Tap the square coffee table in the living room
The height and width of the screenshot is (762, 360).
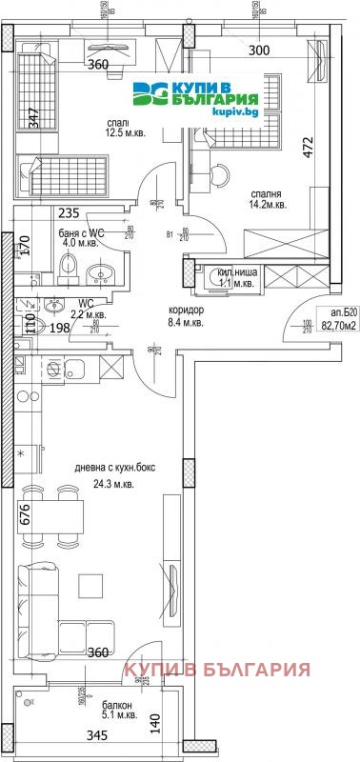(92, 584)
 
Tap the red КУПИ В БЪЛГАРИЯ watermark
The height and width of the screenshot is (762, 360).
(217, 671)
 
